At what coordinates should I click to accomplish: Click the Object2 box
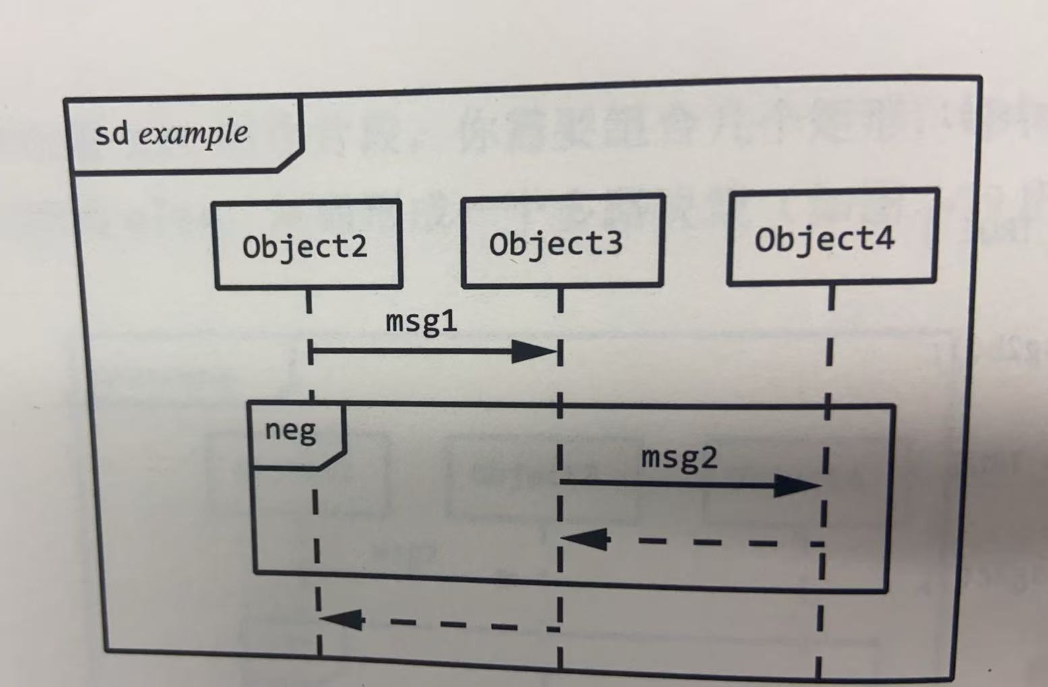coord(308,244)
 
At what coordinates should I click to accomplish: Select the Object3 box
coord(562,241)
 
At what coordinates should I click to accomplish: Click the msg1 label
coord(421,321)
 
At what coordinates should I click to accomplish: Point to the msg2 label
coord(679,458)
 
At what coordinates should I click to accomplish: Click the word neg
coord(291,431)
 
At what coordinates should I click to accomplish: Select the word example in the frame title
coord(194,133)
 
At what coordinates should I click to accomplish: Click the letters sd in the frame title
coord(111,134)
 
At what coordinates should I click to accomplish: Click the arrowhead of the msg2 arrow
coord(798,485)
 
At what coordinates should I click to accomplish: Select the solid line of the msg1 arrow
coord(411,351)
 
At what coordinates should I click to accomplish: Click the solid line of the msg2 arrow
coord(668,483)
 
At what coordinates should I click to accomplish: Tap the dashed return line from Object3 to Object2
coord(459,624)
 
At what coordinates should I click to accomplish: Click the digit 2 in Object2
coord(359,246)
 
